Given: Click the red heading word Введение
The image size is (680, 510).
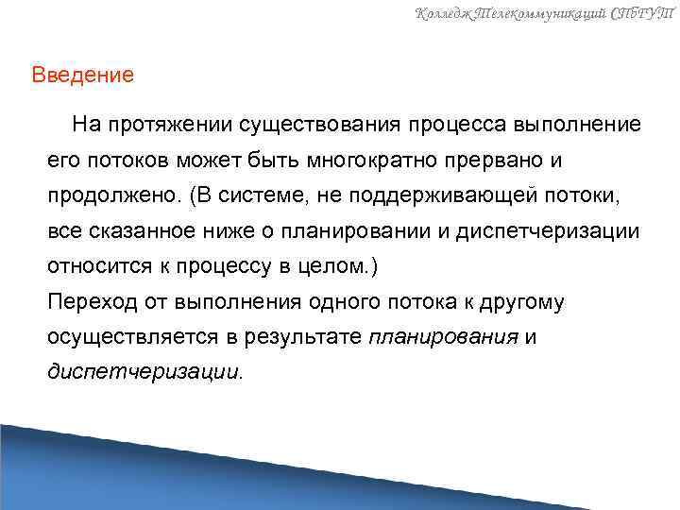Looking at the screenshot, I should (83, 74).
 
